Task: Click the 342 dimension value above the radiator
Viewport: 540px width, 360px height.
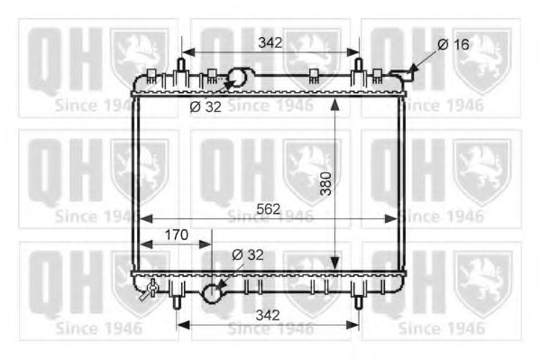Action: coord(270,42)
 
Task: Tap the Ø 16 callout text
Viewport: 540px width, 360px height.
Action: coord(453,44)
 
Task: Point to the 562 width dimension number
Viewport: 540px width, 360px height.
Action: coord(268,208)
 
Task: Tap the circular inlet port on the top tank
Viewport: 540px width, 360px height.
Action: coord(240,77)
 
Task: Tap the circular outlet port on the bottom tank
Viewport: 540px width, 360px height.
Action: coord(212,293)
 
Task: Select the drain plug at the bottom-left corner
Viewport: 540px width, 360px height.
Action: coord(150,290)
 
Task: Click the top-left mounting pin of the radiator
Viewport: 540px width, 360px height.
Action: coord(182,66)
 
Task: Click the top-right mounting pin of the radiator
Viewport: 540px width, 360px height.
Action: coord(358,66)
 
